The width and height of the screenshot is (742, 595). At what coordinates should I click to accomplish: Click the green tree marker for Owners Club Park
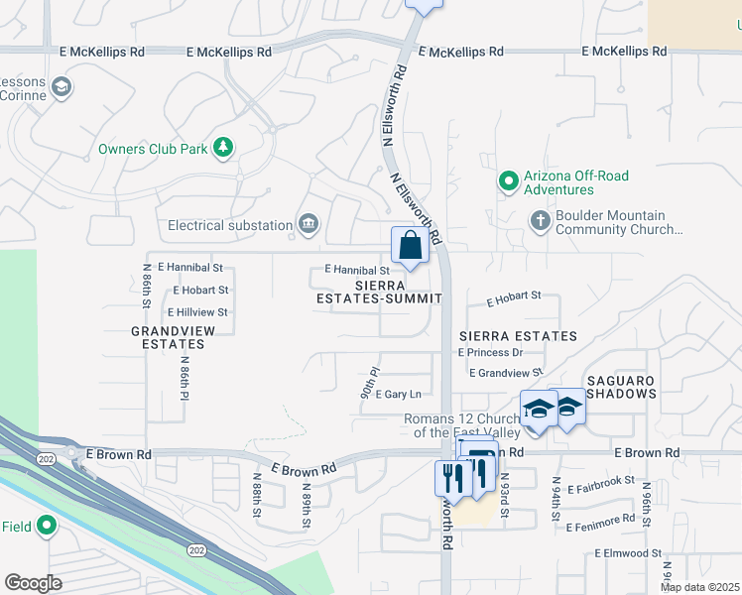(x=224, y=149)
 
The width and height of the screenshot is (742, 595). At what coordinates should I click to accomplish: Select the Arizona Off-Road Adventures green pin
(x=509, y=181)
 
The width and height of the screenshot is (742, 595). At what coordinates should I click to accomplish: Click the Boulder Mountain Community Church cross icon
(x=541, y=220)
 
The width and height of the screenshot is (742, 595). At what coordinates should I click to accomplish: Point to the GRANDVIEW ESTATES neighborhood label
(x=168, y=337)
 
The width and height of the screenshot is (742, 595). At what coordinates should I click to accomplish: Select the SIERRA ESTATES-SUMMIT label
(x=378, y=292)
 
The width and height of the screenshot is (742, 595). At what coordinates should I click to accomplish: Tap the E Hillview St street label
(x=197, y=312)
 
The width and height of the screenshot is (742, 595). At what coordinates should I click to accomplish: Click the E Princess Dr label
(x=490, y=352)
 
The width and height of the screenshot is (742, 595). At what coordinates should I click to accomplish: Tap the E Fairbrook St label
(x=600, y=481)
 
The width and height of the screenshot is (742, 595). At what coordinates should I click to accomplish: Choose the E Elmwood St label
(x=628, y=552)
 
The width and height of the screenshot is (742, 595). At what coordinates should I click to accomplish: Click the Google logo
(x=33, y=582)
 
